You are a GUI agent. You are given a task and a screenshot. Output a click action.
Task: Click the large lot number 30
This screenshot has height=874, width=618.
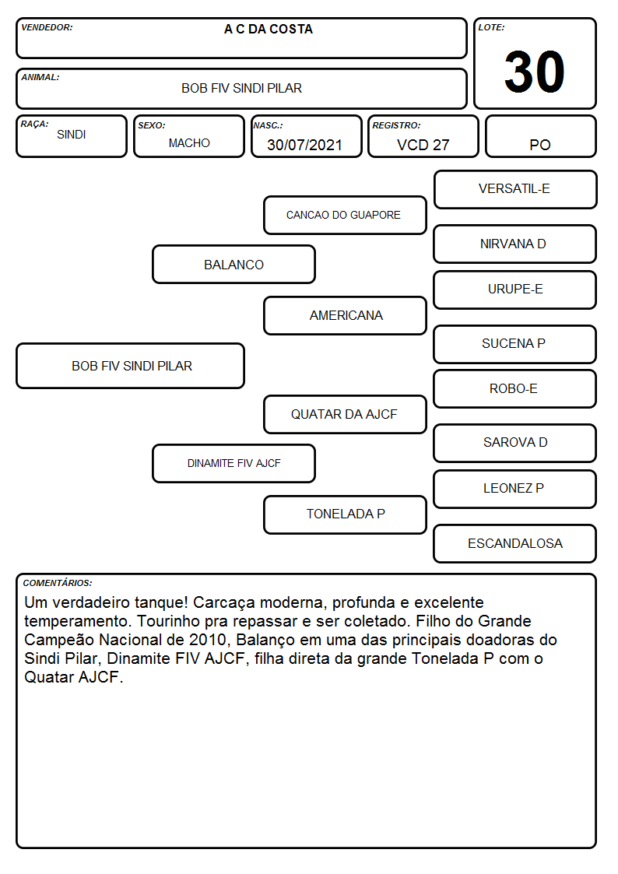point(535,72)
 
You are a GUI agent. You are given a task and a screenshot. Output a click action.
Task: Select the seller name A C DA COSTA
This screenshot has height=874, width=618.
point(269,30)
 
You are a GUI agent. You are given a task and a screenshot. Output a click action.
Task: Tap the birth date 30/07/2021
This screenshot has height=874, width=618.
point(304,145)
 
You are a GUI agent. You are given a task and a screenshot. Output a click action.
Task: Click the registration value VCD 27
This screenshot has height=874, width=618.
point(423,145)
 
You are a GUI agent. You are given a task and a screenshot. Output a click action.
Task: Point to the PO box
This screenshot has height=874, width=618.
point(540,136)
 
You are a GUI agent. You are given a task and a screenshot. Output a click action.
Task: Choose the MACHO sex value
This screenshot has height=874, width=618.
point(189,143)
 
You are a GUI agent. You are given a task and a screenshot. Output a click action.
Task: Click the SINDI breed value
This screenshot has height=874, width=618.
point(72,135)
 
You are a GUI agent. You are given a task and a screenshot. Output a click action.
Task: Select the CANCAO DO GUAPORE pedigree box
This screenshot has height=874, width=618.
point(345,215)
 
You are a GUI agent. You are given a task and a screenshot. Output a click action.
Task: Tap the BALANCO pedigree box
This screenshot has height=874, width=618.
point(234,264)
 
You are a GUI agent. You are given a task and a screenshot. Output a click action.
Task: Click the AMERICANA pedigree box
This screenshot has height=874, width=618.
point(345,315)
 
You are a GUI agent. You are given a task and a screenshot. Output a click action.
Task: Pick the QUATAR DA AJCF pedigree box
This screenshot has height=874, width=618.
point(345,414)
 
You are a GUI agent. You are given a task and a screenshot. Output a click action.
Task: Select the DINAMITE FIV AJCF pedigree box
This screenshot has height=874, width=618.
point(234,463)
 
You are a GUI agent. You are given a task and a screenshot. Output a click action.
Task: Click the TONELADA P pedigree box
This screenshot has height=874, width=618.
point(345,514)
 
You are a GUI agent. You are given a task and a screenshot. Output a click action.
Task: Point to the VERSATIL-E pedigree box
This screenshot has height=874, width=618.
point(515,190)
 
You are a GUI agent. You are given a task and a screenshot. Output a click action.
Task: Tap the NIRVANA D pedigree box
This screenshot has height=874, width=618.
point(515,244)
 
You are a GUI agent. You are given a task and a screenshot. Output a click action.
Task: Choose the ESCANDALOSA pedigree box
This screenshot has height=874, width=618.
point(515,543)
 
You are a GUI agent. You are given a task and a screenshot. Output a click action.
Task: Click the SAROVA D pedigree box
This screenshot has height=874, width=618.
point(515,443)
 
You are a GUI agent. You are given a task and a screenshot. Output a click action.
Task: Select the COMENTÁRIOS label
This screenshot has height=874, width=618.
point(58,583)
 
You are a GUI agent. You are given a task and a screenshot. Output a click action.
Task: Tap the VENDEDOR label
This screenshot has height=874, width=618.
point(47,27)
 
